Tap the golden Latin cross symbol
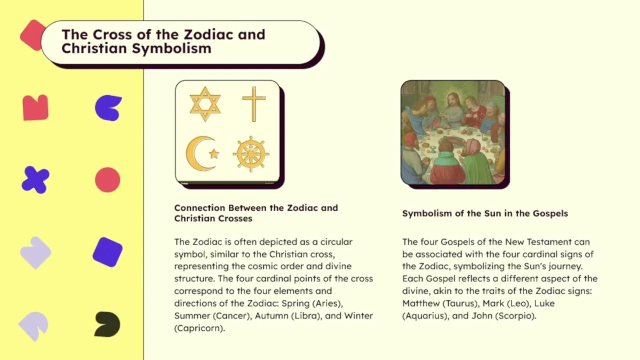coord(254,104)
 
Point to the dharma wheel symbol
coord(251,154)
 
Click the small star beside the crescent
coord(214,153)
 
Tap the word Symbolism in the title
coord(171,48)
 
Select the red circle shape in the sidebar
coord(107,179)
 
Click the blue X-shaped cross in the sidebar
coord(35,180)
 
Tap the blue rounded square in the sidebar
coord(107,252)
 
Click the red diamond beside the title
coord(32,35)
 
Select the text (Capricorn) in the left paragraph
coord(199,328)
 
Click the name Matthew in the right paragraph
coord(420,303)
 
